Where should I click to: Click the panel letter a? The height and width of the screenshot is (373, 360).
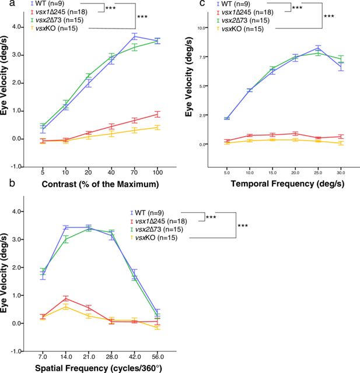coord(13,4)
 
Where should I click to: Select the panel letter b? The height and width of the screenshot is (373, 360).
coord(12,183)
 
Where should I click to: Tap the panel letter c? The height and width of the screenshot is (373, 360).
coord(202,3)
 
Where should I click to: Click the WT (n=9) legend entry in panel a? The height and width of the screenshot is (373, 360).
coord(48,3)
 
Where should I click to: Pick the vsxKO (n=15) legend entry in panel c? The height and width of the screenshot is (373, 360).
coord(240,29)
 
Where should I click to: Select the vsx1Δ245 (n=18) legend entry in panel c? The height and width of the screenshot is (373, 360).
coord(245,12)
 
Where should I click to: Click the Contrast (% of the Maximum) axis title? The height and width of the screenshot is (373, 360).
coord(100,184)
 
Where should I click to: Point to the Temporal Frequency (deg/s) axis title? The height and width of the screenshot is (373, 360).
coord(288,184)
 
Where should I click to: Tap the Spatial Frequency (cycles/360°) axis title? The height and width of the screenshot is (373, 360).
coord(99,368)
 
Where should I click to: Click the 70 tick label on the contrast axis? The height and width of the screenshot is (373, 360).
coord(134,172)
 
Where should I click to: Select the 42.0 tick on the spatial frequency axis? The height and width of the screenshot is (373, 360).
coord(135,357)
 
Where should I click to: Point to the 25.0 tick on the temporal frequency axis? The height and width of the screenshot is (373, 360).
coord(318,173)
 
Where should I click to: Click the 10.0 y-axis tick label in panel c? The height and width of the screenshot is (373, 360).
coord(201,28)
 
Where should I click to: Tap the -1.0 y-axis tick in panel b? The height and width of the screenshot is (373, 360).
coord(18,351)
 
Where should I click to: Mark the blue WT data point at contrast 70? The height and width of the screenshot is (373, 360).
coord(135,36)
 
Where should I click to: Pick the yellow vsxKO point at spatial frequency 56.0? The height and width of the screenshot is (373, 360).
coord(158,328)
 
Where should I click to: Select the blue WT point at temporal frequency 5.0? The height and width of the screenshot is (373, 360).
coord(227,118)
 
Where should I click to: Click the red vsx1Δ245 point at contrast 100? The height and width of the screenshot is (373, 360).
coord(157,114)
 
